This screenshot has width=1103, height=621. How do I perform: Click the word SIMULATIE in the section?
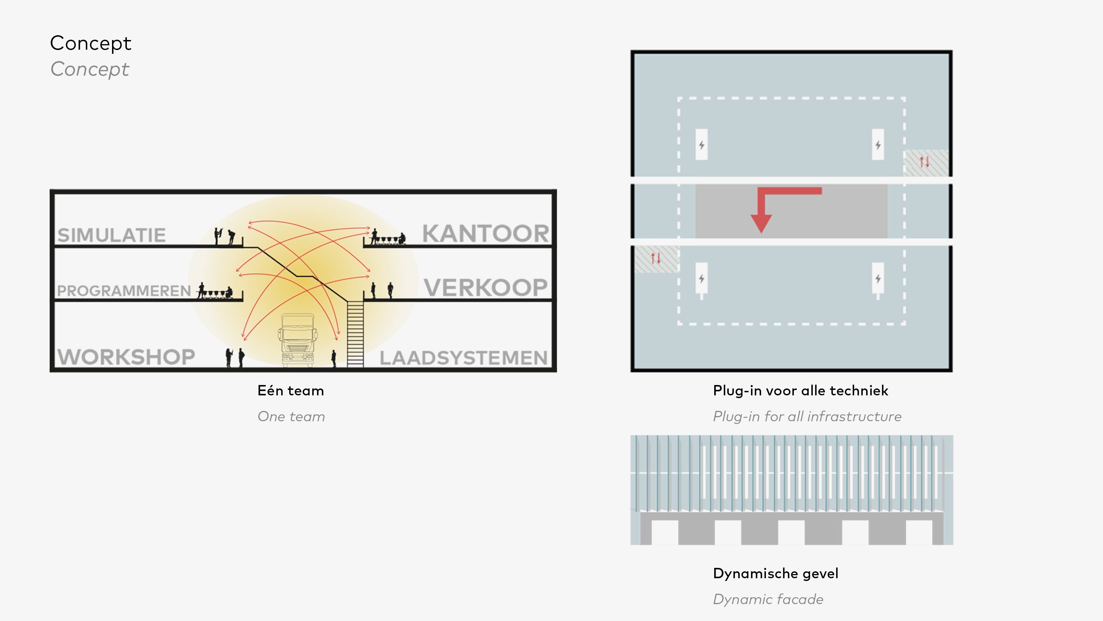(x=111, y=235)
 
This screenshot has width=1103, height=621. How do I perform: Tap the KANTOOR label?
(x=486, y=234)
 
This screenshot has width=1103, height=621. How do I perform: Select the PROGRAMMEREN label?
(x=124, y=291)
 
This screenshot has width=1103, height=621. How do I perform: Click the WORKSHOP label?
(x=126, y=357)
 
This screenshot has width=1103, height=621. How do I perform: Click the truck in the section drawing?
(x=297, y=341)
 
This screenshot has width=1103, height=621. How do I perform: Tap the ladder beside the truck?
(x=355, y=334)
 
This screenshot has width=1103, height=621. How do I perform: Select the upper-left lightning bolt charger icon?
(x=701, y=145)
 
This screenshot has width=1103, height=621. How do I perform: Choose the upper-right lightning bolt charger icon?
(x=878, y=145)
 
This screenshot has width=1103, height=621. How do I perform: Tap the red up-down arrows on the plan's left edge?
(x=656, y=258)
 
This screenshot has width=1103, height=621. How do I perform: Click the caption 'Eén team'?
(x=291, y=391)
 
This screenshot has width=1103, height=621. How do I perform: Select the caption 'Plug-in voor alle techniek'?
(x=801, y=391)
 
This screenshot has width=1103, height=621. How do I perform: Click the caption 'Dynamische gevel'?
(x=776, y=573)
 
